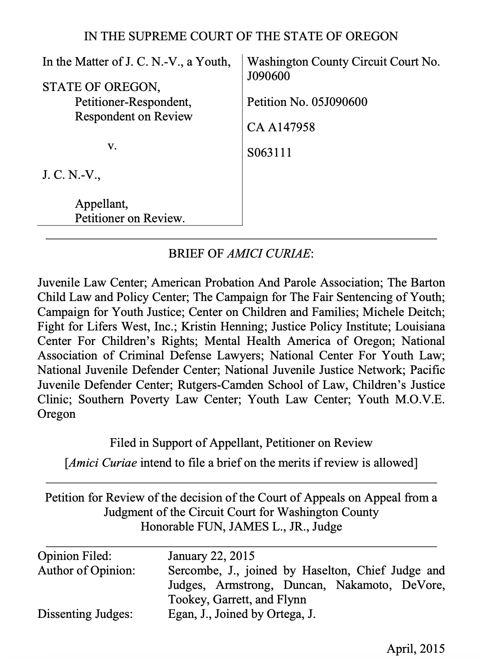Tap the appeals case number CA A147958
(281, 127)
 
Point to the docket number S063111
(269, 153)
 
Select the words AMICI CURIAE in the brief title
(268, 254)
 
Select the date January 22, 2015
(211, 555)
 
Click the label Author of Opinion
(86, 570)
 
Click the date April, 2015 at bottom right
(415, 649)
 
